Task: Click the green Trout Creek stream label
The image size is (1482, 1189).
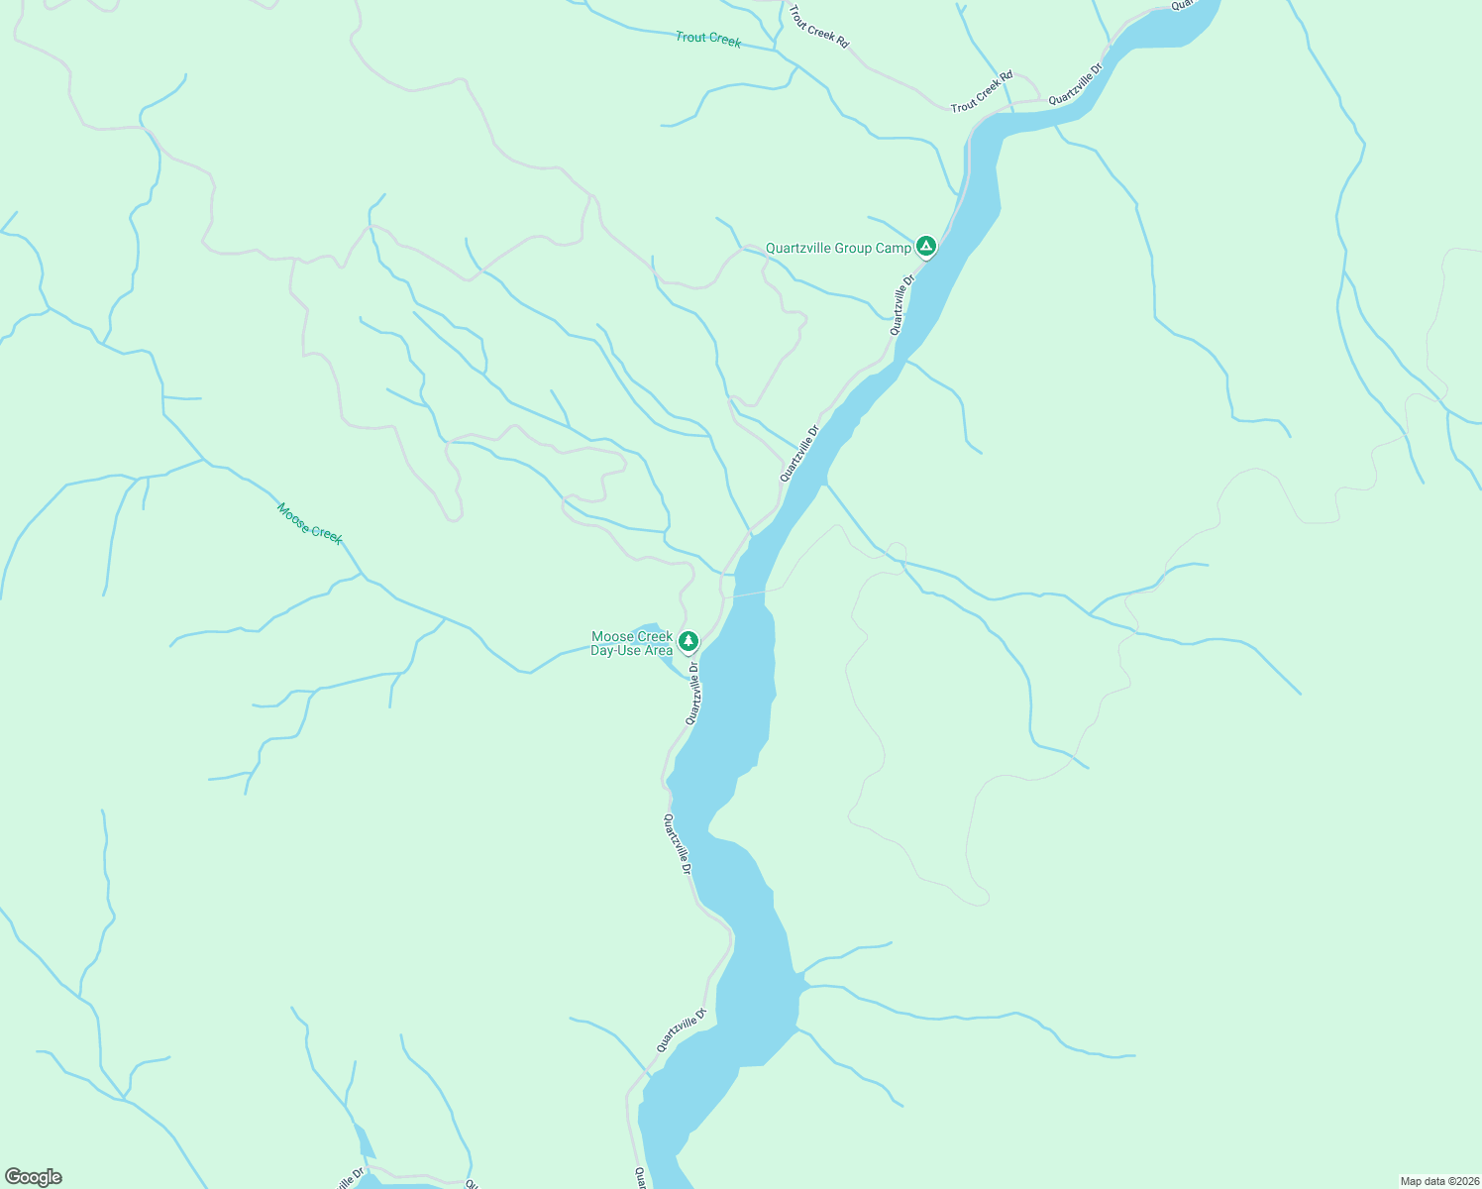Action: (708, 39)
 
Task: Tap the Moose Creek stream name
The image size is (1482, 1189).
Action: (309, 523)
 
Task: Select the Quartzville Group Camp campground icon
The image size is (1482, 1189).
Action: (925, 246)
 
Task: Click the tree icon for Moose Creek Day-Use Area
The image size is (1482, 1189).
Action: (688, 642)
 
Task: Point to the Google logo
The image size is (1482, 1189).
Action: (33, 1177)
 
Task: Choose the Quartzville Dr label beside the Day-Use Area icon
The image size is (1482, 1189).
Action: (693, 694)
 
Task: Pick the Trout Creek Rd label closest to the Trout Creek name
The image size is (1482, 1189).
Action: (818, 26)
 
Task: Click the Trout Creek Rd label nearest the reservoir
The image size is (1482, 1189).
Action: (982, 91)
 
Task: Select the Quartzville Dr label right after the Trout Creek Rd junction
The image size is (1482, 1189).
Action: (1075, 84)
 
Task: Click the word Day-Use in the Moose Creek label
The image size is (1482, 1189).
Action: (615, 651)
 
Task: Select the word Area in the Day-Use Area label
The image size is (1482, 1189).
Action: (658, 651)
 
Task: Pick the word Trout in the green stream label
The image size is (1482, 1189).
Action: (690, 37)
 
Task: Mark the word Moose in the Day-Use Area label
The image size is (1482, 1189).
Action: (611, 637)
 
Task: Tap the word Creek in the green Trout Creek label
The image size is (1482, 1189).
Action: (725, 41)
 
